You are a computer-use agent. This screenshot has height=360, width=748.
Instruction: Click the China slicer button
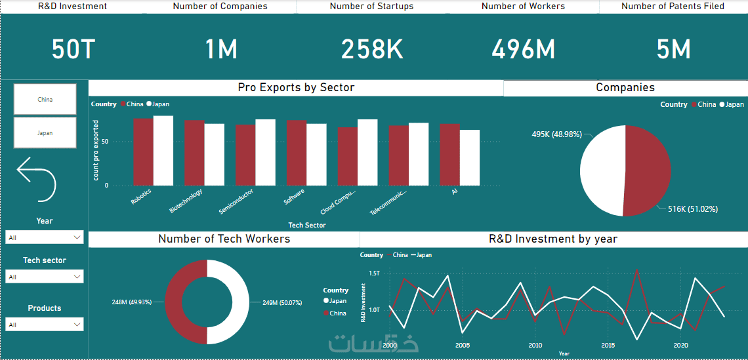tap(45, 99)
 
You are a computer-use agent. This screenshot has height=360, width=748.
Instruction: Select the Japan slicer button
tap(45, 132)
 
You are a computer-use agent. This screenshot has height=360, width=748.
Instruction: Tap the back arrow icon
tap(36, 178)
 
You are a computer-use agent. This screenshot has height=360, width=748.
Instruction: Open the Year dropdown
tap(44, 237)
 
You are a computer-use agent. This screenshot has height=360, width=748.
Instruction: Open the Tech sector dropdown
tap(44, 277)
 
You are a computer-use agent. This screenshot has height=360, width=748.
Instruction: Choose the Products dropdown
tap(44, 325)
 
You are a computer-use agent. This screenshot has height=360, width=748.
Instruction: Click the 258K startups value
tap(372, 50)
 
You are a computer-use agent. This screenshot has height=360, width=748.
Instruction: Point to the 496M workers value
tap(523, 50)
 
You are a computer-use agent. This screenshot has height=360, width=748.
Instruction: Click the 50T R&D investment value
tap(73, 50)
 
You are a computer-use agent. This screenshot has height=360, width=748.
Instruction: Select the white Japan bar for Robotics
tap(163, 151)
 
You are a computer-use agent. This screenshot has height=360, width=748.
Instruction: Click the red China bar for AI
tap(449, 155)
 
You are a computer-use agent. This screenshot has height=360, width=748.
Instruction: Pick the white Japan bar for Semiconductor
tap(265, 152)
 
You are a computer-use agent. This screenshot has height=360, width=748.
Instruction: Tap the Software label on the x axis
tap(293, 197)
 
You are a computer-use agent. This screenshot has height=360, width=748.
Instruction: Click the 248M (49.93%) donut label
tap(132, 302)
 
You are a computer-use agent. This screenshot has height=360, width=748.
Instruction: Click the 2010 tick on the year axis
tap(535, 346)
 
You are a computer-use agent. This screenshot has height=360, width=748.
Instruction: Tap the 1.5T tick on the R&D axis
tap(374, 273)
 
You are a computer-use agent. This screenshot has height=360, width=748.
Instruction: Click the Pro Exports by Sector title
tap(296, 87)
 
